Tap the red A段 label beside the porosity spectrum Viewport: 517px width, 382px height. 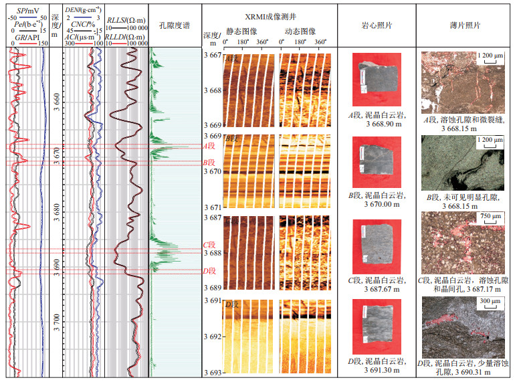[209, 146]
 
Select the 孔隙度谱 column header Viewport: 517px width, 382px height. [175, 25]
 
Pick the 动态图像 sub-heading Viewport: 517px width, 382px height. [299, 31]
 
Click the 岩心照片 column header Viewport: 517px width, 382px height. [377, 25]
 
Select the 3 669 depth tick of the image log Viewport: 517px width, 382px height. [212, 125]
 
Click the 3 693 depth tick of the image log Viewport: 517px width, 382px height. [212, 372]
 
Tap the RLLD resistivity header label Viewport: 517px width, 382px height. [127, 38]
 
